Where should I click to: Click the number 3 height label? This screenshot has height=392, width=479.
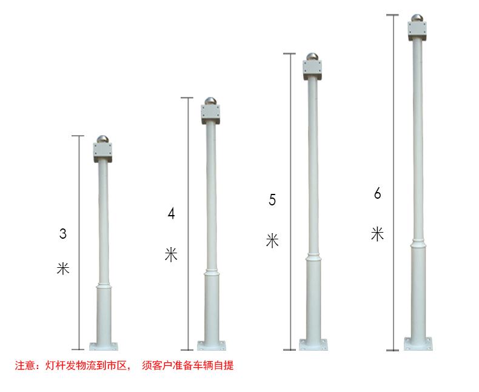[x=63, y=233]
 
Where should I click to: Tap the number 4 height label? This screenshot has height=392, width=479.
[x=172, y=213]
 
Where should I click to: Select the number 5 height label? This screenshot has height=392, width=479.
[x=272, y=200]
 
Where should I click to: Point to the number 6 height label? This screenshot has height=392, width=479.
[x=378, y=193]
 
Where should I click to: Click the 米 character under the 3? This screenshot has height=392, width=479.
[x=63, y=268]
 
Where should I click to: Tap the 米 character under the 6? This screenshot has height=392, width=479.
[x=378, y=234]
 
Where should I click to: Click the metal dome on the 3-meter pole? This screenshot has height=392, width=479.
[x=102, y=139]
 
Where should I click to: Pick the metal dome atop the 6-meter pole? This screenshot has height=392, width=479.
[x=417, y=18]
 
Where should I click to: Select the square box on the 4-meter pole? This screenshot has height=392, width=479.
[x=210, y=114]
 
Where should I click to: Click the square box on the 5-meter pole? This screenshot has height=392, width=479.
[x=312, y=70]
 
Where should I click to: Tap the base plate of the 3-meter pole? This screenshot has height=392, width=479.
[x=104, y=347]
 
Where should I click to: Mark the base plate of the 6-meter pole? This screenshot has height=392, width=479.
[x=418, y=344]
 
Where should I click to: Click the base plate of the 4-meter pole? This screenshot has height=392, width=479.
[x=212, y=346]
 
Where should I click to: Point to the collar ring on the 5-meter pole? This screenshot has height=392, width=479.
[x=313, y=256]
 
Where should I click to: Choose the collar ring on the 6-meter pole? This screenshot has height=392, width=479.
[x=418, y=244]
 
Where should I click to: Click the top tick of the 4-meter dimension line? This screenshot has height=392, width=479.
[x=187, y=98]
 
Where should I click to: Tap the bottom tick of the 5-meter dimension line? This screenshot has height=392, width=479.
[x=289, y=350]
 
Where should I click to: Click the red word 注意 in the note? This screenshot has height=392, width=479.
[x=25, y=365]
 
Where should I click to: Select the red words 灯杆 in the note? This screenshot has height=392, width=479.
[x=55, y=365]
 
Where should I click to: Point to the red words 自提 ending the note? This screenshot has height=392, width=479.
[x=224, y=365]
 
